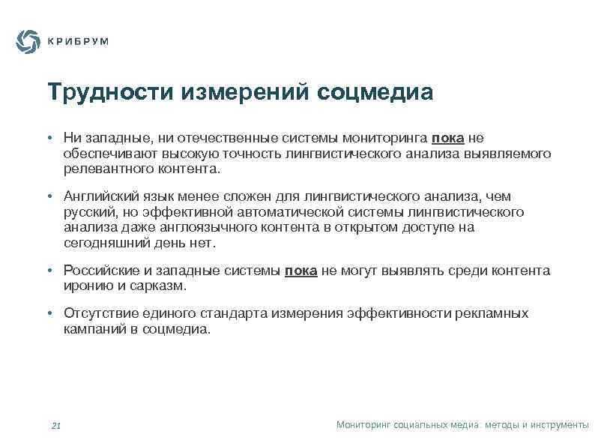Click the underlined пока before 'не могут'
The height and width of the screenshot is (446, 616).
pyautogui.click(x=301, y=271)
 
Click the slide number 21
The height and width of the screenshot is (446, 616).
pyautogui.click(x=55, y=426)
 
